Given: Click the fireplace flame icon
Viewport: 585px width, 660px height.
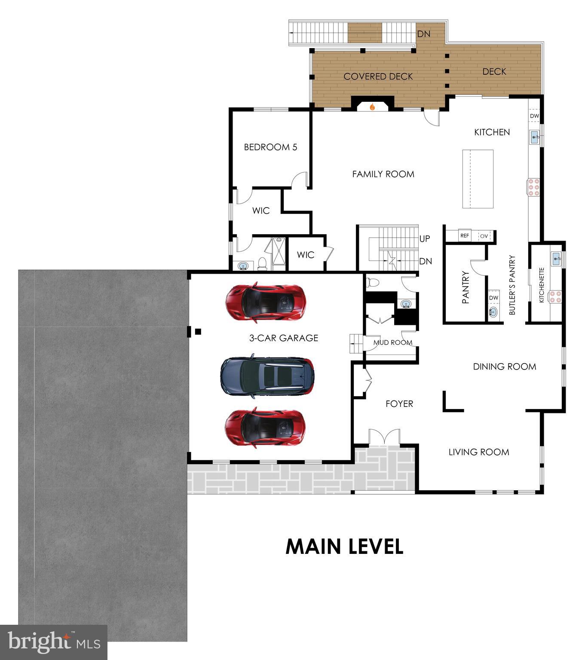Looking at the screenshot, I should pyautogui.click(x=372, y=106).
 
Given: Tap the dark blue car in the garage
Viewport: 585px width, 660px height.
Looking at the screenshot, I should pyautogui.click(x=267, y=376).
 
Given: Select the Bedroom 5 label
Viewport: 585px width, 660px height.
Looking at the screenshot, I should pyautogui.click(x=270, y=147).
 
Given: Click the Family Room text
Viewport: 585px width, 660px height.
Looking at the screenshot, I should pyautogui.click(x=383, y=174).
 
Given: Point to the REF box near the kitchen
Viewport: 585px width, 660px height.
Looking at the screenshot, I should pyautogui.click(x=465, y=236).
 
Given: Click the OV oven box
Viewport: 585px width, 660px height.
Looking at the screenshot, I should pyautogui.click(x=484, y=236).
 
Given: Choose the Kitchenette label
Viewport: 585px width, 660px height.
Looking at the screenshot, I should pyautogui.click(x=542, y=285).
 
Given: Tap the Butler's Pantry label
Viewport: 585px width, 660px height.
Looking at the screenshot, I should pyautogui.click(x=512, y=285).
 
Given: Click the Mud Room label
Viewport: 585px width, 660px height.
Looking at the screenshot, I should pyautogui.click(x=392, y=342).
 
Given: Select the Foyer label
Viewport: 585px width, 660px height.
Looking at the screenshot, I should pyautogui.click(x=399, y=403).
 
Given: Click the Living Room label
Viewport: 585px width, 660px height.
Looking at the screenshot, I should pyautogui.click(x=479, y=452).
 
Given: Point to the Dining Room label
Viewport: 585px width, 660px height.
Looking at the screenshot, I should pyautogui.click(x=504, y=367).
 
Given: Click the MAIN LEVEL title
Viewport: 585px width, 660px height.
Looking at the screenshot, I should pyautogui.click(x=344, y=547).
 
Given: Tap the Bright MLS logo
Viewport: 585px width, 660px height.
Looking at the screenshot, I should pyautogui.click(x=54, y=642).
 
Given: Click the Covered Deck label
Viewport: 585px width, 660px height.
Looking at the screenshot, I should pyautogui.click(x=378, y=76).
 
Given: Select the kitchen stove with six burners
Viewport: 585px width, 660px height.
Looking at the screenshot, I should pyautogui.click(x=534, y=187).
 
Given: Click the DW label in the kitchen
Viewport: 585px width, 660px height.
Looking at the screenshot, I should pyautogui.click(x=534, y=116).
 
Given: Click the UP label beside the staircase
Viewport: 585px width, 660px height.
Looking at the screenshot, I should pyautogui.click(x=424, y=238).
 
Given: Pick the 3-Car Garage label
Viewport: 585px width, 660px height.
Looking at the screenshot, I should pyautogui.click(x=284, y=338).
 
